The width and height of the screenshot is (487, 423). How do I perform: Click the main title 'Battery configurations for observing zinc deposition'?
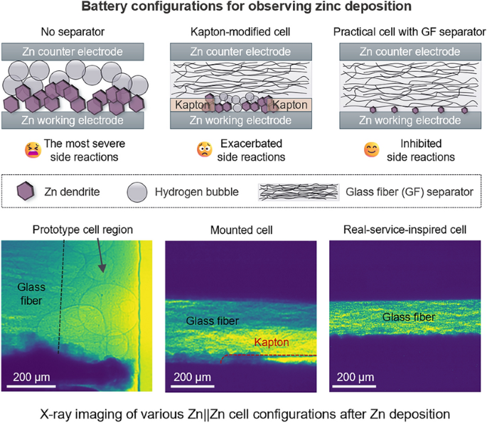243,9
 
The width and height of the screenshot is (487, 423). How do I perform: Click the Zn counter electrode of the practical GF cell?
410,53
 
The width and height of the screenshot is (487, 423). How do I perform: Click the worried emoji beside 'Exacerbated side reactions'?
205,151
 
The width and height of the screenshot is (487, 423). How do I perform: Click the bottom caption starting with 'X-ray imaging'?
243,411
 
